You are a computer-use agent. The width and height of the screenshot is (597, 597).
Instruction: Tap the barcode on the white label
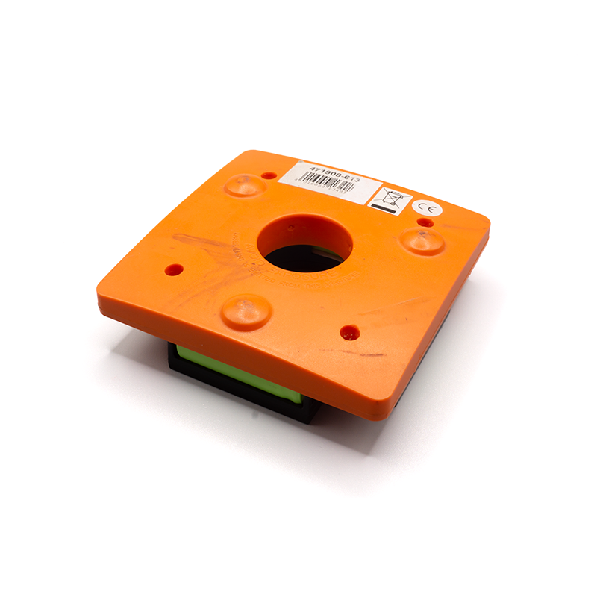329,184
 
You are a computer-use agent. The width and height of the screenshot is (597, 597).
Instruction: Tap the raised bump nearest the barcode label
244,184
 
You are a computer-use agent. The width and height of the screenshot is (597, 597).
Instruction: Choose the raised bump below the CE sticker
423,240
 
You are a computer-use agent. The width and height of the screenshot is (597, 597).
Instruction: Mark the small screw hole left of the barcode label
268,175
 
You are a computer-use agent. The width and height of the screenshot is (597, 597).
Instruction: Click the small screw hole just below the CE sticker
424,222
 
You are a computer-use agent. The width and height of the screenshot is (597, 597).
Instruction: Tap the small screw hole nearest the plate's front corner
348,332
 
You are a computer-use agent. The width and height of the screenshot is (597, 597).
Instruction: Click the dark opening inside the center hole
298,259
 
